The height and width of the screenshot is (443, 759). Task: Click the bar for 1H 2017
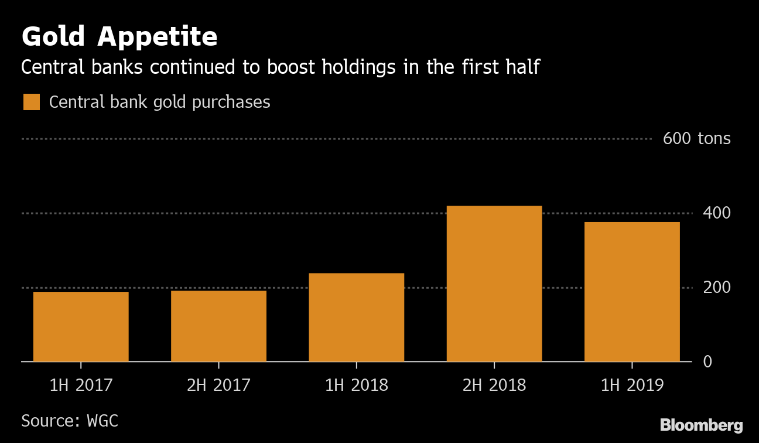pos(81,326)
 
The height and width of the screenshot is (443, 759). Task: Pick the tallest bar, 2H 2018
pos(494,284)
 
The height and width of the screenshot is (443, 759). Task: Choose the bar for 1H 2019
pos(632,292)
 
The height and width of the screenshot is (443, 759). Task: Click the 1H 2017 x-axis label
pos(81,385)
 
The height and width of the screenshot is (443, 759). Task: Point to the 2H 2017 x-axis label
pos(218,385)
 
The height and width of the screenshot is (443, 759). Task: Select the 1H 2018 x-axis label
pos(356,385)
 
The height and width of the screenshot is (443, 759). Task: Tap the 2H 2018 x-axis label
pos(494,385)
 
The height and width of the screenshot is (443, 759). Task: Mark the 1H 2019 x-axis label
pos(632,385)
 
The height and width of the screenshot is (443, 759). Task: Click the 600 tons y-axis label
pos(696,139)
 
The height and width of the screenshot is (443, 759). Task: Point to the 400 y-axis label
pos(717,213)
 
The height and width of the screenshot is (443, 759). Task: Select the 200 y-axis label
pos(717,288)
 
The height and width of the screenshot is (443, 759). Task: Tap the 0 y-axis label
pos(707,362)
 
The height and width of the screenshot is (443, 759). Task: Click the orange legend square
pos(32,102)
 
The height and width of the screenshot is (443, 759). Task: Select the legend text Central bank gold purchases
pos(159,102)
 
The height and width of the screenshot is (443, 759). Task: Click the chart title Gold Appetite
pos(119,38)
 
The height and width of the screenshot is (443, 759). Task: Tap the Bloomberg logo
pos(701,425)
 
